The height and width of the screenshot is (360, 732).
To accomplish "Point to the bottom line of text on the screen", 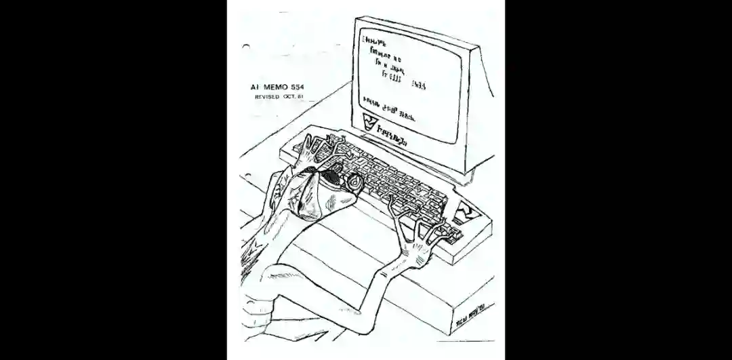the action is click(x=390, y=107).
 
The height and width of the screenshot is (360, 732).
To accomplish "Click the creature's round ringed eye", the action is click(x=354, y=181).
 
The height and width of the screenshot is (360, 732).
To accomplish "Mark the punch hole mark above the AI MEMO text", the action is click(x=245, y=47).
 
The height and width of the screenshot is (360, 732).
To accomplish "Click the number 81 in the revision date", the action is click(x=300, y=97).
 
